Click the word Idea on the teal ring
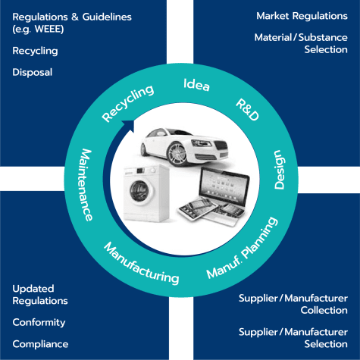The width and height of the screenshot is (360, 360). pyautogui.click(x=196, y=85)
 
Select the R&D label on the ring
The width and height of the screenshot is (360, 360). pyautogui.click(x=248, y=110)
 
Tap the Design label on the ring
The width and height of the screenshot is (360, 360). pyautogui.click(x=280, y=170)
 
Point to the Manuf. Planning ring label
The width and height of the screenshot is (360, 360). pyautogui.click(x=242, y=248)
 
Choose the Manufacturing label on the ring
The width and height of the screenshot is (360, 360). pyautogui.click(x=142, y=263)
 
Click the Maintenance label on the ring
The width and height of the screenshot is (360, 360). pyautogui.click(x=86, y=185)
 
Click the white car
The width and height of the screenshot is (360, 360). pyautogui.click(x=184, y=147)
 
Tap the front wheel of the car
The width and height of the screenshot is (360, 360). pyautogui.click(x=177, y=154)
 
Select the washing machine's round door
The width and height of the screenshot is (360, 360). pyautogui.click(x=139, y=190)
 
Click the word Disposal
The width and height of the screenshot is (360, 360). pyautogui.click(x=33, y=72)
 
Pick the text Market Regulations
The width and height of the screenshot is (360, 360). pyautogui.click(x=302, y=16)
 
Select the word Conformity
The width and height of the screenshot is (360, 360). pyautogui.click(x=39, y=323)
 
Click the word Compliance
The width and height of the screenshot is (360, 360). pyautogui.click(x=40, y=344)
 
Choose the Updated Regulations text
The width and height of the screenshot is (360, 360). pyautogui.click(x=40, y=295)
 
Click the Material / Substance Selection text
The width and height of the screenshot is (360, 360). pyautogui.click(x=301, y=43)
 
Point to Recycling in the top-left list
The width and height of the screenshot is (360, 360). pyautogui.click(x=35, y=51)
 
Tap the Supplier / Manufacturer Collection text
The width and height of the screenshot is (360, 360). pyautogui.click(x=293, y=304)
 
